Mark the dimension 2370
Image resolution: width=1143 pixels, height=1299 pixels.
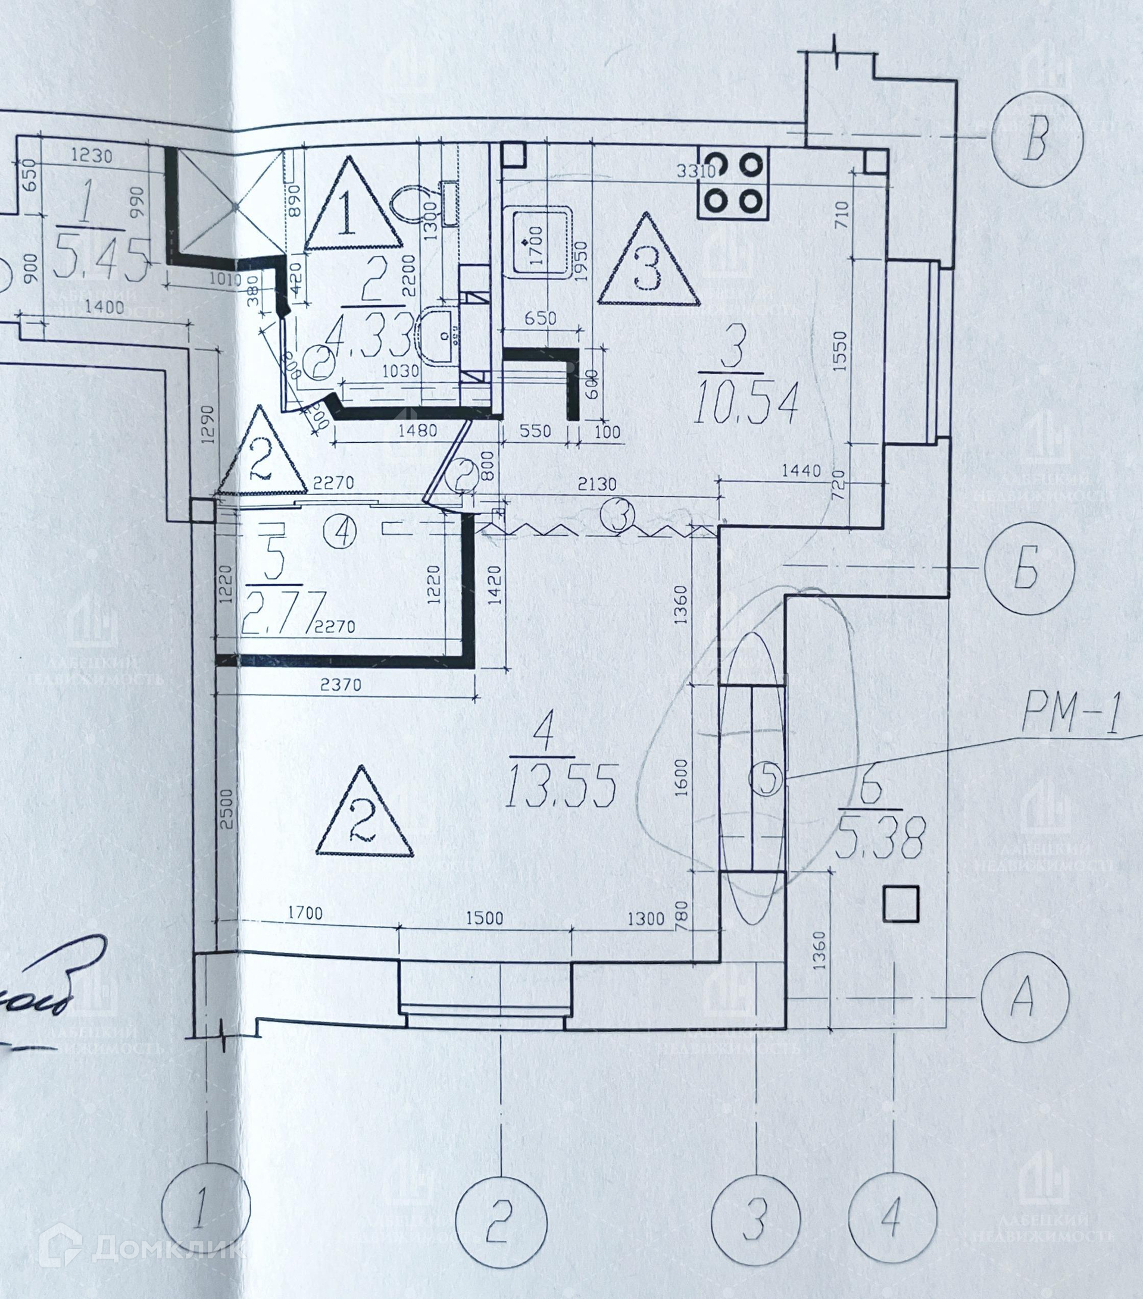coord(341,684)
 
